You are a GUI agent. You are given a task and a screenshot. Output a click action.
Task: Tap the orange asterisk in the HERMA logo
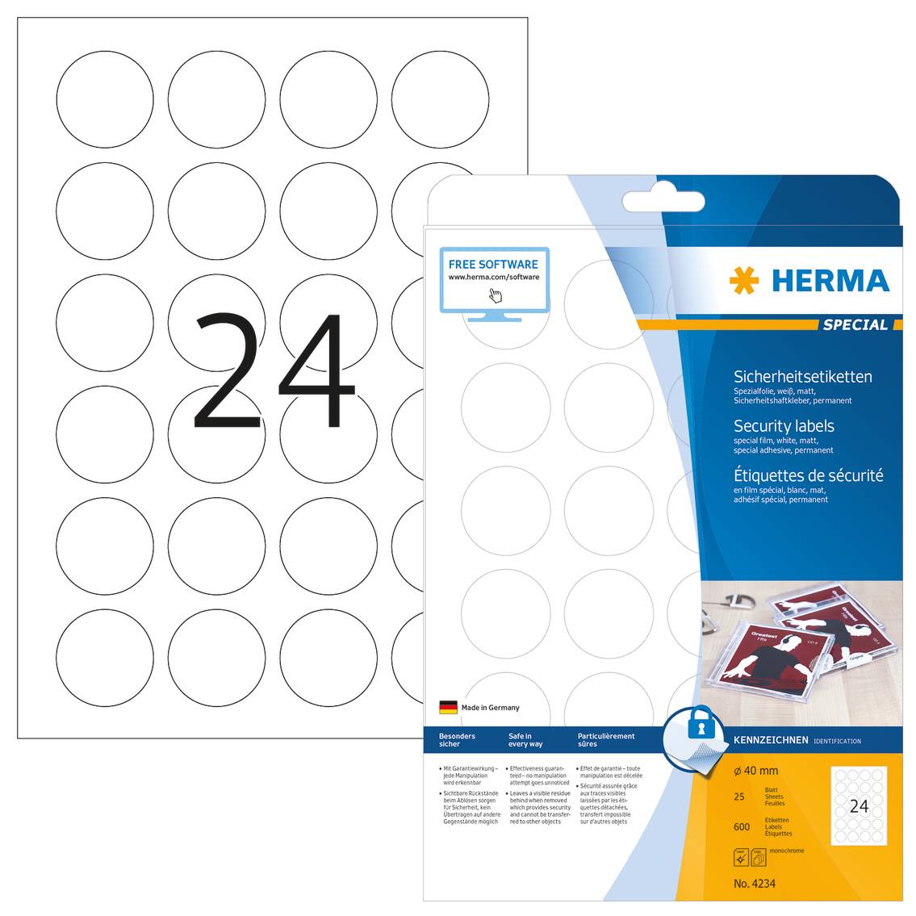(x=743, y=281)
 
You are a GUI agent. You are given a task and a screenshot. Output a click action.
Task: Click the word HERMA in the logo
(x=830, y=281)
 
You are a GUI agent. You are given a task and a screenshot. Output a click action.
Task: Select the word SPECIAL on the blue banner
(x=855, y=324)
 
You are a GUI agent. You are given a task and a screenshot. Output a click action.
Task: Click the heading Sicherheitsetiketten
(x=802, y=376)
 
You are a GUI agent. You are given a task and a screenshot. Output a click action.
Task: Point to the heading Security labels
(x=783, y=426)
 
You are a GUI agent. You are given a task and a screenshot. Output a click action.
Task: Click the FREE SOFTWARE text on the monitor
(x=493, y=264)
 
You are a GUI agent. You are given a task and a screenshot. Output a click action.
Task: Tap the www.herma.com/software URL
(x=493, y=277)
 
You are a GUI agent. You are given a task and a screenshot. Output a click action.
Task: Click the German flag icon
(x=448, y=708)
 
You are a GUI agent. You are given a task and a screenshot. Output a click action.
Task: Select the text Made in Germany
(x=490, y=708)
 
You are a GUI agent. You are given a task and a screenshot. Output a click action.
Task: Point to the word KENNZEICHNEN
(x=771, y=740)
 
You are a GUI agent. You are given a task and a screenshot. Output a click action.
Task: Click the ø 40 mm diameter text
(x=755, y=772)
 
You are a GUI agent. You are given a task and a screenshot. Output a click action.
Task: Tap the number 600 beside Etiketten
(x=742, y=826)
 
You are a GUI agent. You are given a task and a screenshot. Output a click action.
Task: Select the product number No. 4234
(x=754, y=884)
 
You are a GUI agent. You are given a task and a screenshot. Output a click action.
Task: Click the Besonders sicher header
(x=457, y=740)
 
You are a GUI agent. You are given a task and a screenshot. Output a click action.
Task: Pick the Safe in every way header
(x=525, y=740)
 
